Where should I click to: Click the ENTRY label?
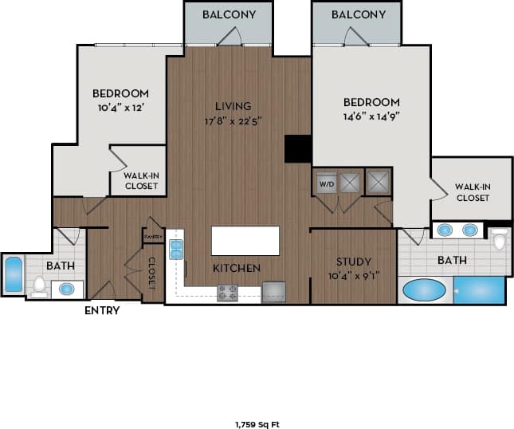tap(102, 310)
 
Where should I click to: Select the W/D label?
tap(327, 183)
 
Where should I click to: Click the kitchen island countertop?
tap(245, 241)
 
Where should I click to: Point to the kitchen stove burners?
tap(228, 293)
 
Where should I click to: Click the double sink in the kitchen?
tap(176, 249)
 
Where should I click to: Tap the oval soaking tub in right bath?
tap(424, 289)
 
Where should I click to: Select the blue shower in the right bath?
tap(480, 289)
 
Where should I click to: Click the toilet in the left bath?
tap(40, 285)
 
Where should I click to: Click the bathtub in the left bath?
tap(13, 274)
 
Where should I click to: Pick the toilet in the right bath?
tap(500, 238)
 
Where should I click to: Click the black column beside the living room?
tap(297, 149)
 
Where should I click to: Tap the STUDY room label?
tap(353, 262)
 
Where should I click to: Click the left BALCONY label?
tap(228, 15)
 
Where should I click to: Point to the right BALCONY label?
tap(359, 15)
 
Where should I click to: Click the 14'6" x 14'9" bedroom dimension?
tap(371, 116)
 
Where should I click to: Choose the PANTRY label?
tap(153, 237)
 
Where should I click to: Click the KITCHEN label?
tap(236, 268)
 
